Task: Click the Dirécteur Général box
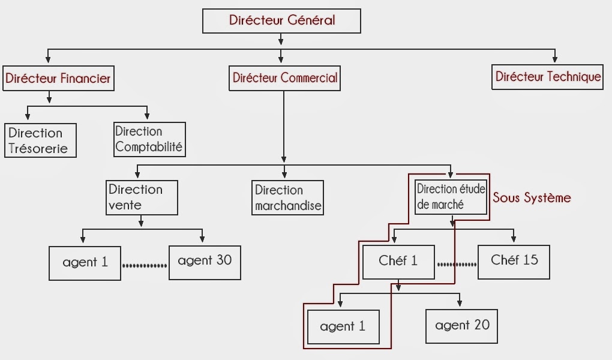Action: tap(281, 21)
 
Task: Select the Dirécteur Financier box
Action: tap(58, 78)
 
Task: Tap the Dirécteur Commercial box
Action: tap(284, 78)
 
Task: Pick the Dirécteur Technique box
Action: tap(547, 77)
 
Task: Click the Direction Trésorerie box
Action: tap(40, 140)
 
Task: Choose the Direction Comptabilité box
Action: tap(149, 139)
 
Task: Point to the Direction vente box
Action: tap(142, 197)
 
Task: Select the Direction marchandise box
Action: tap(287, 198)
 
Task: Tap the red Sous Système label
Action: tap(532, 197)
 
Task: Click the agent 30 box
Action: tap(205, 262)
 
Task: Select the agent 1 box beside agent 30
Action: tap(85, 263)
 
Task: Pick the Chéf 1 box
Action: tap(398, 262)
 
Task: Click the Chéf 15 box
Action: tap(514, 261)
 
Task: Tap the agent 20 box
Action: tap(461, 326)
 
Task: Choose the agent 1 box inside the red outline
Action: tap(343, 327)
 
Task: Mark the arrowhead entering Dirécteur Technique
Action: tap(555, 59)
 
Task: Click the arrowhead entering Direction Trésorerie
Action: tap(26, 116)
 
